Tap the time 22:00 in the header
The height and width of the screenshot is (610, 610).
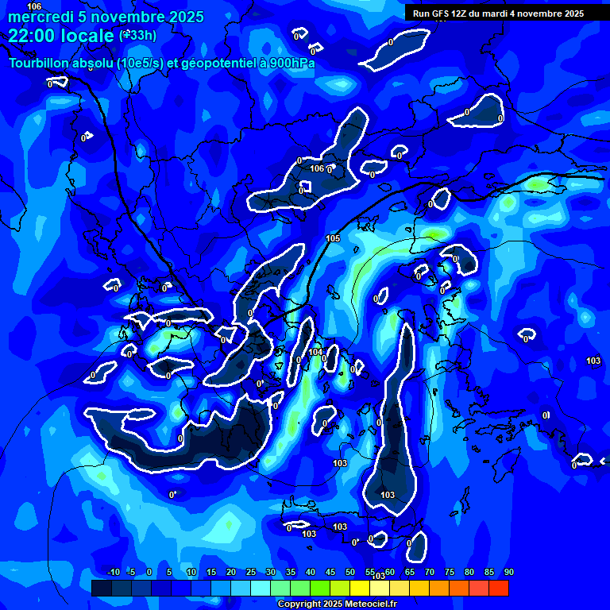pyautogui.click(x=31, y=36)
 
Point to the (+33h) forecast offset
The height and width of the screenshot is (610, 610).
pyautogui.click(x=137, y=35)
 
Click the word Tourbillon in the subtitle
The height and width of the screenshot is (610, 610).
pyautogui.click(x=40, y=64)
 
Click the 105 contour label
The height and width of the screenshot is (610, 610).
pyautogui.click(x=334, y=238)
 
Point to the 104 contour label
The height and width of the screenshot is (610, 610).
pyautogui.click(x=315, y=352)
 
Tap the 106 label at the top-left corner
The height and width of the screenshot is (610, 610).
pyautogui.click(x=34, y=6)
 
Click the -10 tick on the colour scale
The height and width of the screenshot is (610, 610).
pyautogui.click(x=113, y=572)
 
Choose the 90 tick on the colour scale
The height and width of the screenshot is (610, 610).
pyautogui.click(x=508, y=572)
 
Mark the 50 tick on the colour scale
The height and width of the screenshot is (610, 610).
pyautogui.click(x=350, y=572)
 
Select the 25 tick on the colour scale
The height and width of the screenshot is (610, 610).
pyautogui.click(x=251, y=572)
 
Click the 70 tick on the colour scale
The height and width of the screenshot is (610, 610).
pyautogui.click(x=430, y=572)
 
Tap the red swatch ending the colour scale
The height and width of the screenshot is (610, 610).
pyautogui.click(x=498, y=588)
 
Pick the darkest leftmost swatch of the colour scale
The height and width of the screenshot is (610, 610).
pyautogui.click(x=101, y=588)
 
